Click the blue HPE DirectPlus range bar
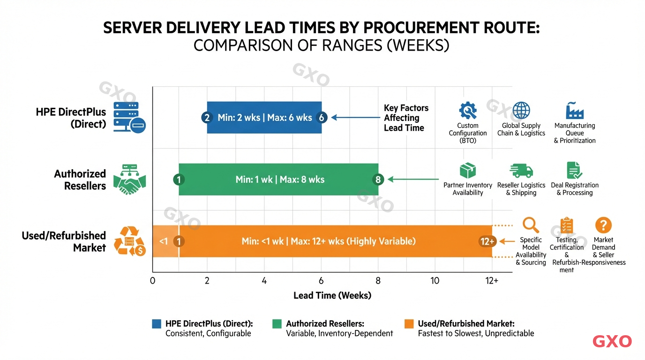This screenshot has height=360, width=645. click(x=264, y=118)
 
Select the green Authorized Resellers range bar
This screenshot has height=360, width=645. click(x=279, y=180)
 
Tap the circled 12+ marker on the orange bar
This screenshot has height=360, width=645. click(x=487, y=241)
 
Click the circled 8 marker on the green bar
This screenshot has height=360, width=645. click(x=378, y=180)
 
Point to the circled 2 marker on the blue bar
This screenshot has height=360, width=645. click(x=207, y=118)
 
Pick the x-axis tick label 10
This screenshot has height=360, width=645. click(x=435, y=281)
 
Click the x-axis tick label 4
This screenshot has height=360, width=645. click(x=264, y=281)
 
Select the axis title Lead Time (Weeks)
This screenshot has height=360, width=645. click(x=332, y=295)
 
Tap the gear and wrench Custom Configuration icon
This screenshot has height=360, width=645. click(x=467, y=111)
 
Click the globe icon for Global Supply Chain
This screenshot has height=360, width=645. click(x=521, y=111)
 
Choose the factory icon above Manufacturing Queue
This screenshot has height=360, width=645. click(x=574, y=111)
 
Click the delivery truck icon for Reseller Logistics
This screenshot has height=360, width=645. click(x=521, y=171)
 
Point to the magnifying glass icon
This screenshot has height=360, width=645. click(x=531, y=225)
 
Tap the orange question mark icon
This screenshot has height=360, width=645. click(x=603, y=225)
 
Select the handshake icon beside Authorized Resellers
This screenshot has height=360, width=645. click(x=130, y=180)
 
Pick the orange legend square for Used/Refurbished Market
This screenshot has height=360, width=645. click(x=409, y=324)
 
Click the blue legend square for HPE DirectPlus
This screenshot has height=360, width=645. click(x=157, y=324)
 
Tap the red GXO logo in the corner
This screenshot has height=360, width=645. click(x=612, y=342)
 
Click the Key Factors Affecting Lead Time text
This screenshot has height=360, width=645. click(x=405, y=118)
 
